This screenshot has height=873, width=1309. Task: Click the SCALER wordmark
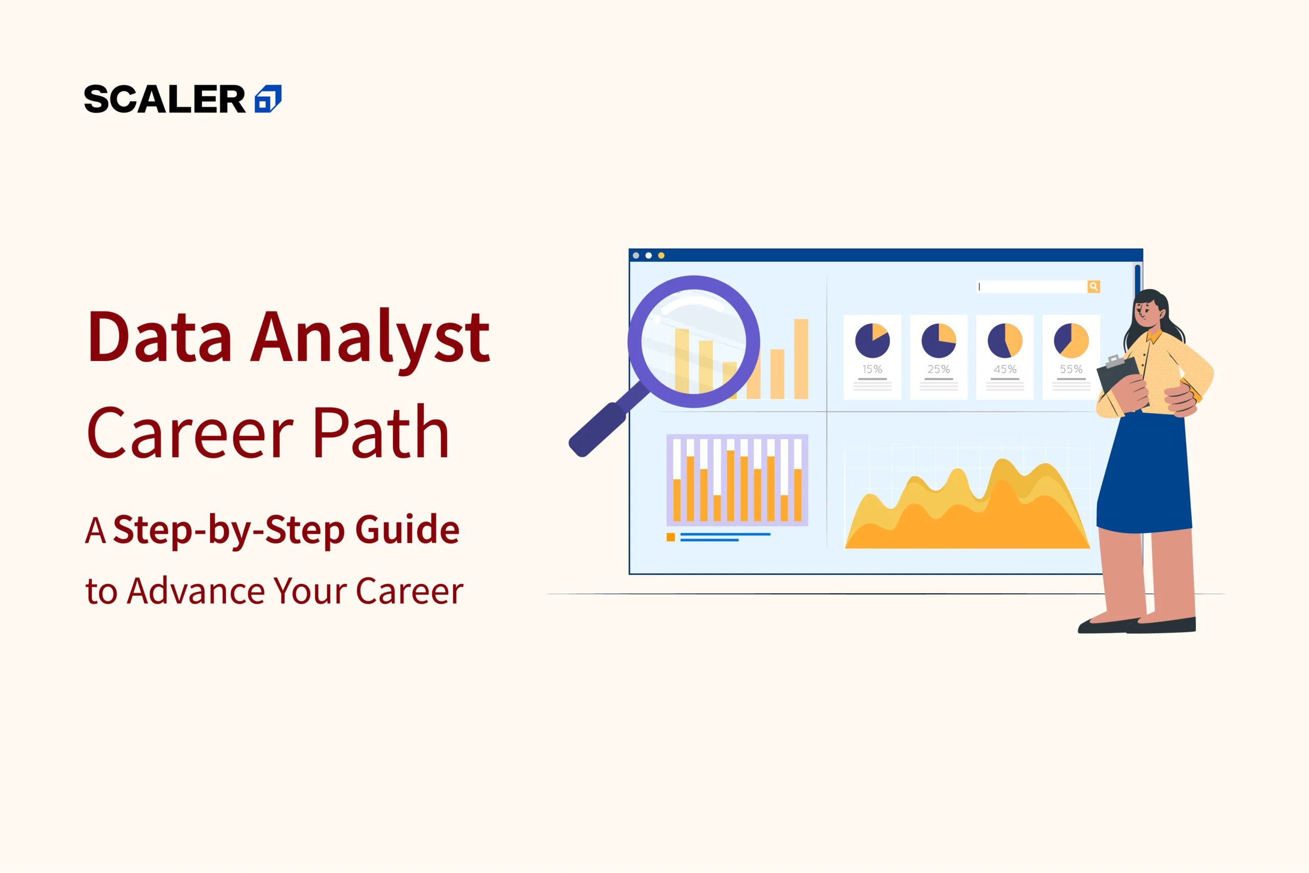(165, 100)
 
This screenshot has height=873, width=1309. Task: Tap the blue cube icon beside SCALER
(268, 99)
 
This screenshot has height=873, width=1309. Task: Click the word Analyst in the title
(370, 338)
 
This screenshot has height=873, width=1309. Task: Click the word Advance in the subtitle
(196, 591)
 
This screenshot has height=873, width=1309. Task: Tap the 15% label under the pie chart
(872, 369)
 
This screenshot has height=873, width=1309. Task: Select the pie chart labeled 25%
(939, 341)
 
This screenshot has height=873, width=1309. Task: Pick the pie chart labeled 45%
(1005, 341)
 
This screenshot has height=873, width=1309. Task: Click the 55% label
(1071, 369)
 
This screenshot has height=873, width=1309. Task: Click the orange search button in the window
(1094, 287)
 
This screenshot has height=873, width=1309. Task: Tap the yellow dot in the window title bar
(661, 256)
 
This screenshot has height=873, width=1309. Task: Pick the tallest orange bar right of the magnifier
(801, 359)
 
